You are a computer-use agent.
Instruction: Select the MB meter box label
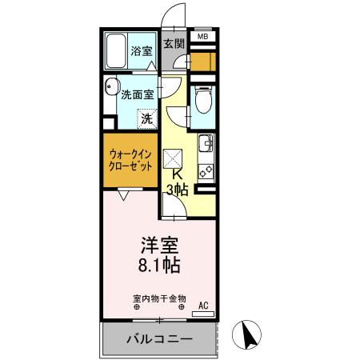202,37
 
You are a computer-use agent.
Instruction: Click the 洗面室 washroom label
137,94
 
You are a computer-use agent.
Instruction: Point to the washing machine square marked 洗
146,118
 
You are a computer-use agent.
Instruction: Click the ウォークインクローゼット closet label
131,160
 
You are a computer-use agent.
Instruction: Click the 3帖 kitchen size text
178,190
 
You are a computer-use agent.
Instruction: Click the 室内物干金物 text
159,297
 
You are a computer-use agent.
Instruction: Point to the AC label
202,305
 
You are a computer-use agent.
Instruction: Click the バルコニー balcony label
159,339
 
